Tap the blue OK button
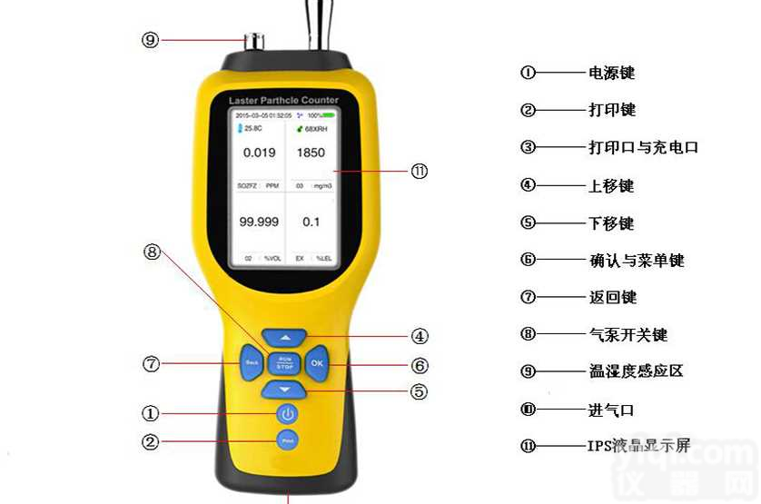point(316,363)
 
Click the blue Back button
point(252,363)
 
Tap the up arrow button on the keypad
point(284,336)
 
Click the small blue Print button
point(287,441)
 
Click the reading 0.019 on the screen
point(259,153)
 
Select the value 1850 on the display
point(311,153)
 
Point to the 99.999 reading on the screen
point(259,221)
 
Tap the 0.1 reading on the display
point(311,221)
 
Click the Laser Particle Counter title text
point(284,100)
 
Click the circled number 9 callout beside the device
point(151,39)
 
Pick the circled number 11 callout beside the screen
point(419,171)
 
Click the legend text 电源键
point(611,73)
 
